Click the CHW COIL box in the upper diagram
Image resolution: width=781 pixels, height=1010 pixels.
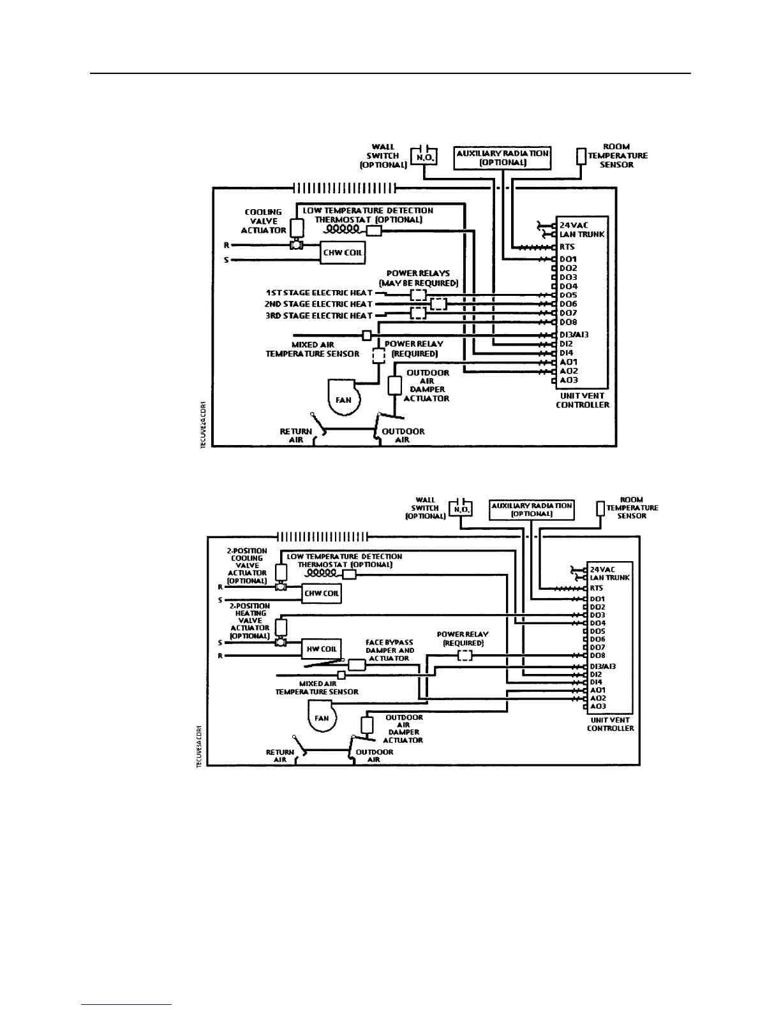342,252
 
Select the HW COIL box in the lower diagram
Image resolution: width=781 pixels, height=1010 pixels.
321,649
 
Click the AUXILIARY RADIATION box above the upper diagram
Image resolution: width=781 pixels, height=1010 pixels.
502,157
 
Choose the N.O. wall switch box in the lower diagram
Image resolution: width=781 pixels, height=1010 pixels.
461,509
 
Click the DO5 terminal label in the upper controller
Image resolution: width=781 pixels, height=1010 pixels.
568,295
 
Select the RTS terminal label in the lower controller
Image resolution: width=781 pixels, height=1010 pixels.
596,588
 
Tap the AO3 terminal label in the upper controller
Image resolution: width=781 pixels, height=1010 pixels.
569,380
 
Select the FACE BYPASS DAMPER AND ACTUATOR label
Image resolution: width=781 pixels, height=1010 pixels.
389,650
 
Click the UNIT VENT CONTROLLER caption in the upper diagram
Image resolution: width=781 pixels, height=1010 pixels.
582,400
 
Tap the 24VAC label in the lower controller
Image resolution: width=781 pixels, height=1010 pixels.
602,569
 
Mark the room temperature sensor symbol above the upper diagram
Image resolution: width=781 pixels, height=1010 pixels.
581,156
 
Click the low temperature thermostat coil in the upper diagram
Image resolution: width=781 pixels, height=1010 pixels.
343,229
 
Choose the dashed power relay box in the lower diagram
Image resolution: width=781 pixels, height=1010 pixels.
465,655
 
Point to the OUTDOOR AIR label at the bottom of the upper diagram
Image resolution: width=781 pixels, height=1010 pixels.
403,435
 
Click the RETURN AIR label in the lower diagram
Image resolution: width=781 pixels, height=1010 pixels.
280,756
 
